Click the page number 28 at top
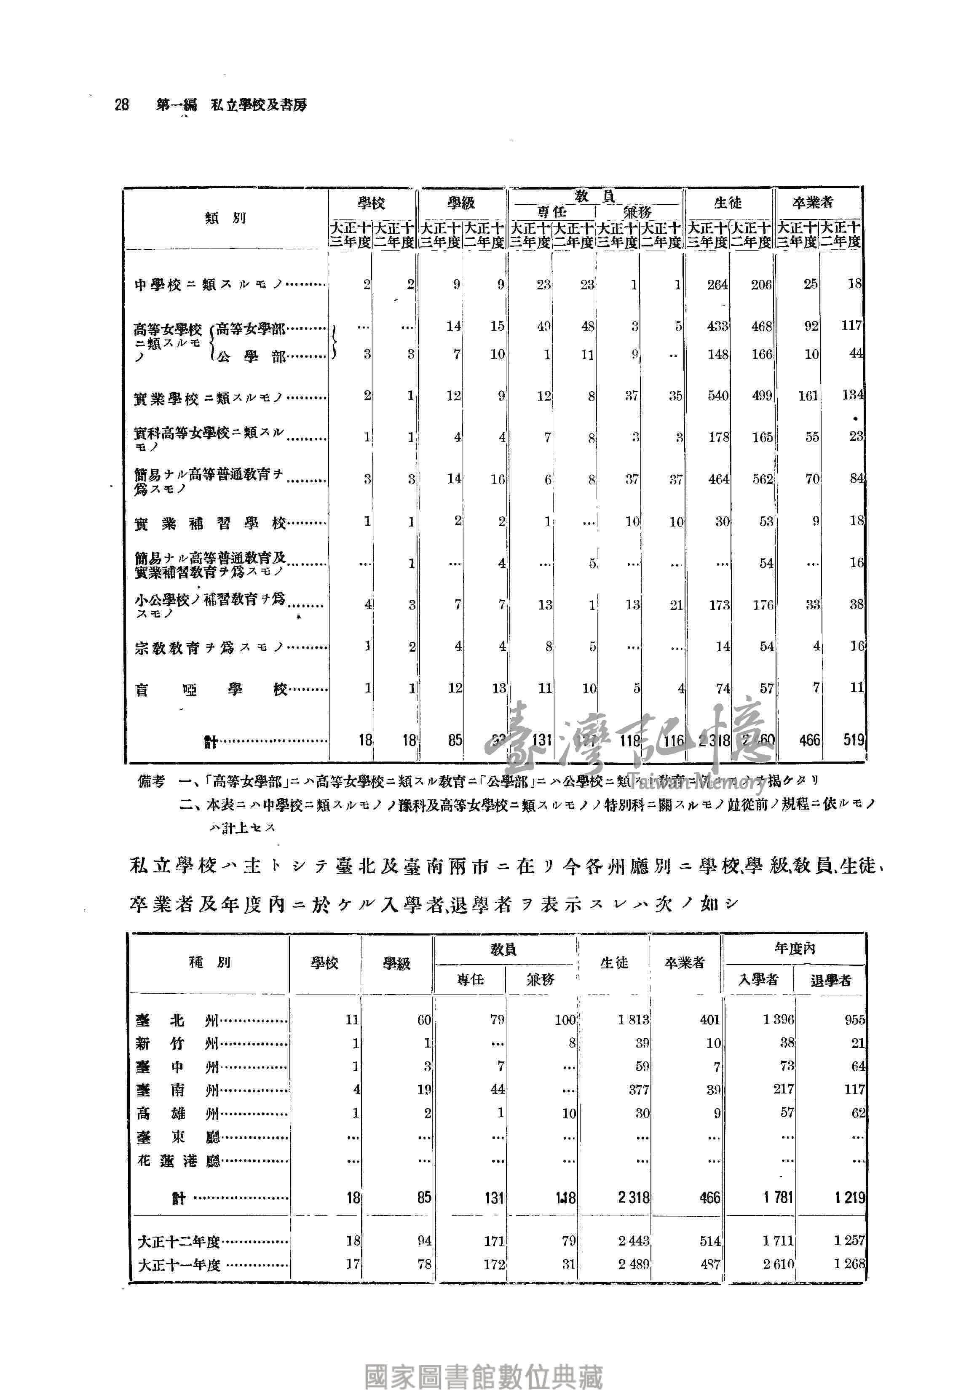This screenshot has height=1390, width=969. click(x=122, y=105)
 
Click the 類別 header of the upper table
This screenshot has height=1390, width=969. click(x=225, y=218)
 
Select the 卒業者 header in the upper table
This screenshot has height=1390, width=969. click(x=813, y=203)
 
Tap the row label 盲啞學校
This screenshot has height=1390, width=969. click(x=210, y=690)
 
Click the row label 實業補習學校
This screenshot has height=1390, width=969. click(x=210, y=523)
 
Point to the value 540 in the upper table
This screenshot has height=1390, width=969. click(x=717, y=396)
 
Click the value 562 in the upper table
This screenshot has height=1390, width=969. click(x=762, y=479)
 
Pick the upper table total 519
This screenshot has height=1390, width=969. click(x=853, y=740)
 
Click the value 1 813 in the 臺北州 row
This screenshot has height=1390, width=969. click(x=633, y=1020)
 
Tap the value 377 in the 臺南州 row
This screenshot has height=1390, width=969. click(x=638, y=1090)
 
